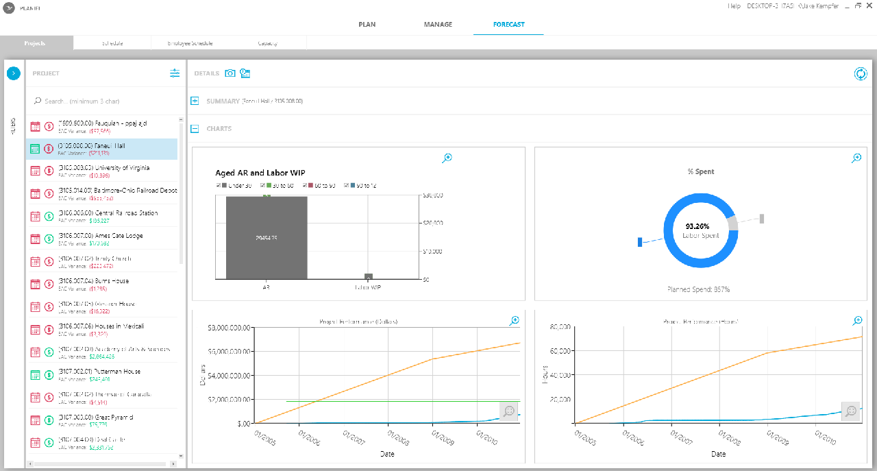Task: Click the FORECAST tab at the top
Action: pos(508,25)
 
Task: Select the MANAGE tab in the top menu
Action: pos(438,25)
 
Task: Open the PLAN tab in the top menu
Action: pos(367,25)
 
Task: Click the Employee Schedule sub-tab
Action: pos(190,43)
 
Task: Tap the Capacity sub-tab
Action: pos(267,43)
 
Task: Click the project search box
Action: pos(103,101)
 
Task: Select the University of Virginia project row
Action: pos(103,168)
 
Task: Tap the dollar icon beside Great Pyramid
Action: pos(49,419)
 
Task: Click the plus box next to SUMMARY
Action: pos(195,101)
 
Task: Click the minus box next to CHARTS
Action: pos(195,129)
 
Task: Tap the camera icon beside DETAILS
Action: pos(230,73)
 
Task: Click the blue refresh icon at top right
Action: pos(861,74)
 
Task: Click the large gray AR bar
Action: pos(266,238)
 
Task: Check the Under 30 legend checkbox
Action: pos(219,186)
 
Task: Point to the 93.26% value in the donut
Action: pos(697,226)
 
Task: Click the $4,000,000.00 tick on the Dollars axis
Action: pos(230,376)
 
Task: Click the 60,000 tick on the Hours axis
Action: pos(560,352)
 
